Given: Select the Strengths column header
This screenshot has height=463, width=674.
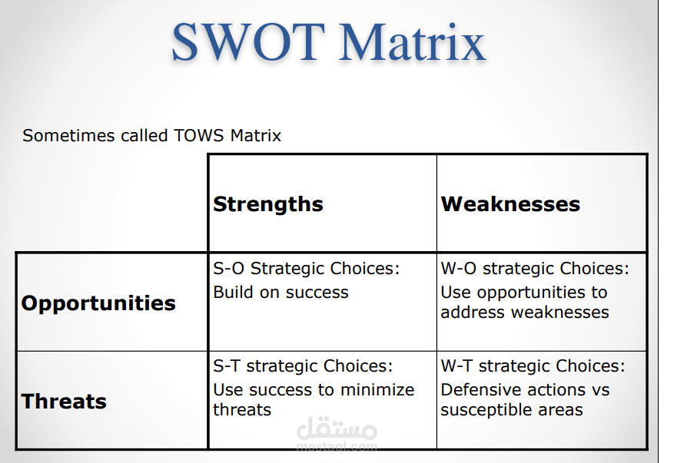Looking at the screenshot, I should pyautogui.click(x=268, y=204).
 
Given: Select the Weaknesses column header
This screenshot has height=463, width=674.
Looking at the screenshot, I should pyautogui.click(x=510, y=204).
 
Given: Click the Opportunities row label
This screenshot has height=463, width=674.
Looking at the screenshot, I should pyautogui.click(x=98, y=303).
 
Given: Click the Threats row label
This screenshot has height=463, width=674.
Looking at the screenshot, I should pyautogui.click(x=64, y=401).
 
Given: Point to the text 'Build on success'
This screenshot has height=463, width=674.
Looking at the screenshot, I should pyautogui.click(x=281, y=293).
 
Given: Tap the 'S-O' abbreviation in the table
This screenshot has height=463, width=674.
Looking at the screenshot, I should pyautogui.click(x=229, y=269).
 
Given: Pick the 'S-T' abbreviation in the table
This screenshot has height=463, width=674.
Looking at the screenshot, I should pyautogui.click(x=227, y=366).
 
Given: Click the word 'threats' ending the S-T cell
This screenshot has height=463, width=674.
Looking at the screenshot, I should pyautogui.click(x=242, y=410).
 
